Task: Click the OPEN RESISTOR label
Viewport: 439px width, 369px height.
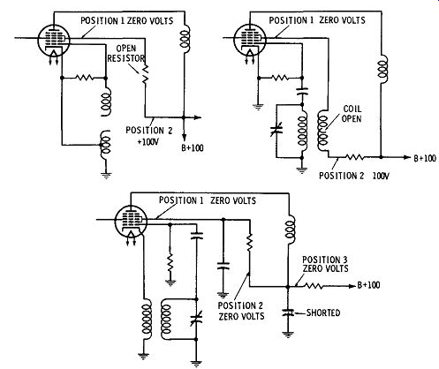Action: (x=126, y=54)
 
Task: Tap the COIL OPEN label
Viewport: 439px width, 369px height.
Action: (x=352, y=114)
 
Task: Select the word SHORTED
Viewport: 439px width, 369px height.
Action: (x=323, y=313)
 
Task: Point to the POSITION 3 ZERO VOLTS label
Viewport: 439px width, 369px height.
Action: (x=325, y=264)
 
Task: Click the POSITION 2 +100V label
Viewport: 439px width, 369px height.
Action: (x=149, y=136)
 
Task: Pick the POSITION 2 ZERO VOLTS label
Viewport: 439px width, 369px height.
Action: (x=241, y=311)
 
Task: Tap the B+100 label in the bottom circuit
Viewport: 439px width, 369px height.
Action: (x=368, y=285)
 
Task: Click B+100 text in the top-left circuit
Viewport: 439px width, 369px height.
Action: (x=193, y=147)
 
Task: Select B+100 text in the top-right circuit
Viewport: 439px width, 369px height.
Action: (x=425, y=158)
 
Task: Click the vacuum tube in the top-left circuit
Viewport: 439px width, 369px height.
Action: (x=54, y=41)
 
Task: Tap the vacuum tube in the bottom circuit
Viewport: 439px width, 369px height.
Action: (x=131, y=222)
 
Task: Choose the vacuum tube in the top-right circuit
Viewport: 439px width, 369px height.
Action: (x=250, y=40)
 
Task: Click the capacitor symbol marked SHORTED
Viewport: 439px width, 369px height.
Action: (x=288, y=313)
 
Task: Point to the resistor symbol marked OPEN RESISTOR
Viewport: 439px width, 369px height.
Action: (x=145, y=75)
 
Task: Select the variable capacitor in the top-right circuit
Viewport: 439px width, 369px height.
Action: (x=276, y=130)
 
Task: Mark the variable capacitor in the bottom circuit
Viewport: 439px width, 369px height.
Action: (x=196, y=320)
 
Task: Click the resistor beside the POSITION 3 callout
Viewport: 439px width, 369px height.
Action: (x=314, y=286)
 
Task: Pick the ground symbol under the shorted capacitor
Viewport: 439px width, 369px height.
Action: (x=288, y=335)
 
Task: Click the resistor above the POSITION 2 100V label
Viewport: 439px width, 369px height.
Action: (x=354, y=157)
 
